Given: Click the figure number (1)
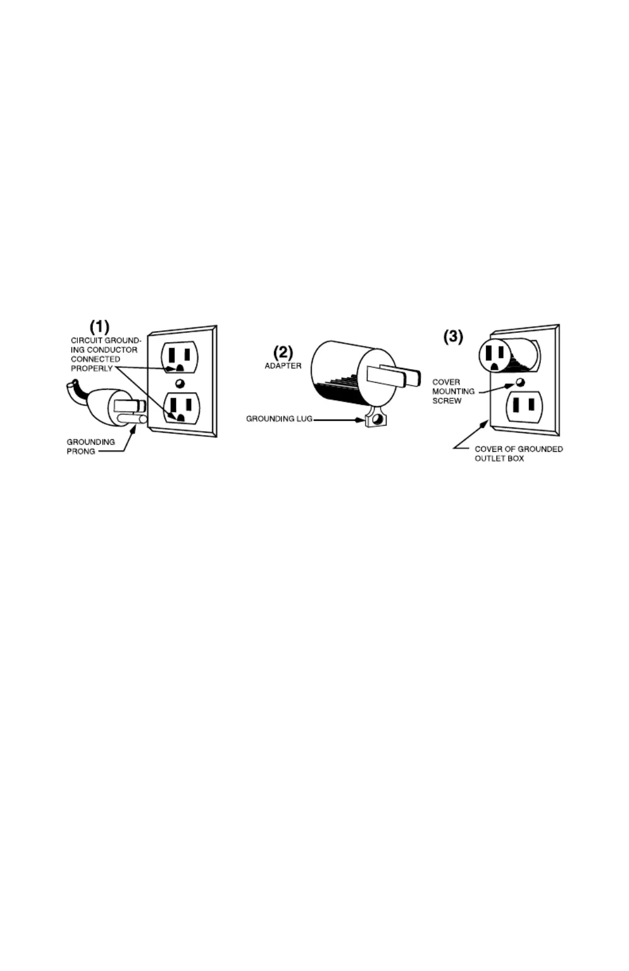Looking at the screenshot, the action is click(99, 326).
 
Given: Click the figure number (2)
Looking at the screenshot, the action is click(283, 352).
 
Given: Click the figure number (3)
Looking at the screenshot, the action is click(453, 336).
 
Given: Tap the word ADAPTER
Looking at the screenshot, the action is click(283, 366).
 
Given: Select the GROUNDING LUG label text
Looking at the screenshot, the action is click(279, 419).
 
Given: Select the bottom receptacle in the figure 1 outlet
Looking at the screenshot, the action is click(181, 408).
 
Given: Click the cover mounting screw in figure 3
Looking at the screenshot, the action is click(519, 382).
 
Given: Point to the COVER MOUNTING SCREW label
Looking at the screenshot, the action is click(453, 391).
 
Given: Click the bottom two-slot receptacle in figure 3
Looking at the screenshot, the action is click(524, 407).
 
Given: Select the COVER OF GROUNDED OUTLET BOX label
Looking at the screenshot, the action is click(518, 454).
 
